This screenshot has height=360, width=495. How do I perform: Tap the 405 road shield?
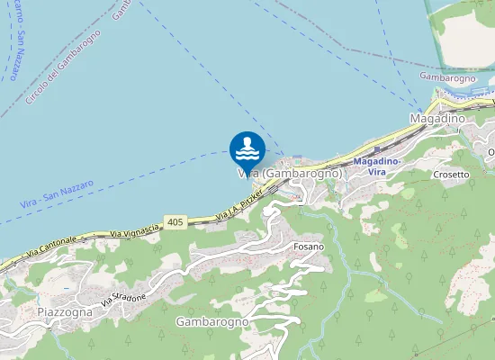tap(175, 221)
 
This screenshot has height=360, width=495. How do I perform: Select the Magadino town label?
tap(436, 119)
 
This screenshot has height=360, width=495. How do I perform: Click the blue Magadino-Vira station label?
tap(377, 166)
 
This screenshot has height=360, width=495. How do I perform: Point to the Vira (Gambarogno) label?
tap(290, 173)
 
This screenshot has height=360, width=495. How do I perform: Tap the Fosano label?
tap(309, 245)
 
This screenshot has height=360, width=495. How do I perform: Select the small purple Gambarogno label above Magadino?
tap(447, 78)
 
